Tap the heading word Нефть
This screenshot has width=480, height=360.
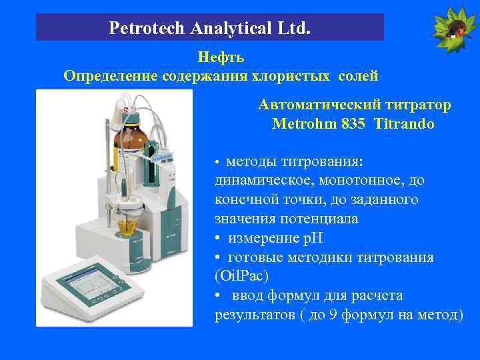[221, 58]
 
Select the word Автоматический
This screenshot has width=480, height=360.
[318, 105]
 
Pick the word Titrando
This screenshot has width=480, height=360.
[405, 124]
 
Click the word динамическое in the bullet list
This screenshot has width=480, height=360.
[261, 181]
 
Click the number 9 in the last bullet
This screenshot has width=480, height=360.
[333, 315]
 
